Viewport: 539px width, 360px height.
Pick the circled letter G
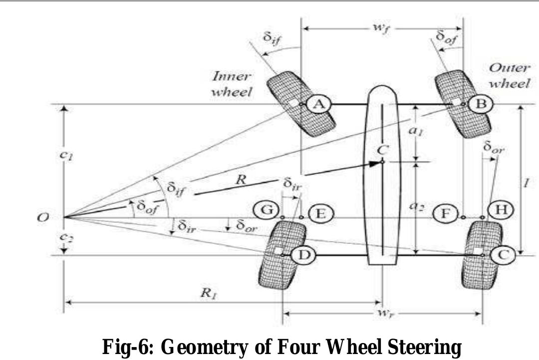[266, 210]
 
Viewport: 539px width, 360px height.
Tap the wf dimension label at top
[382, 27]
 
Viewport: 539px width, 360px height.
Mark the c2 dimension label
[63, 237]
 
